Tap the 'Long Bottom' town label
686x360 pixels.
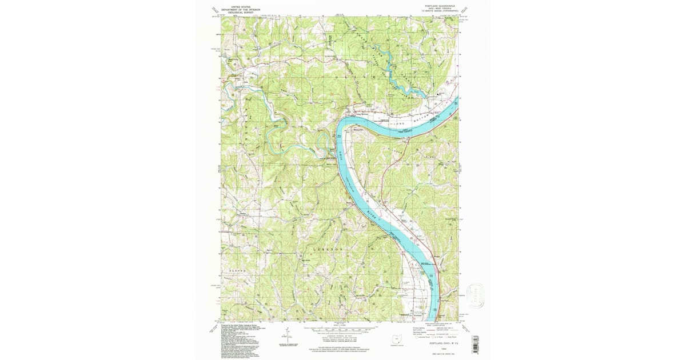pyautogui.click(x=364, y=114)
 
